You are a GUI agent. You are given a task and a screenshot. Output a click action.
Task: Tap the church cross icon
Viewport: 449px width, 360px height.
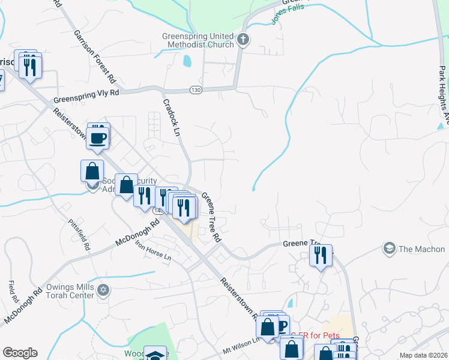point(243,40)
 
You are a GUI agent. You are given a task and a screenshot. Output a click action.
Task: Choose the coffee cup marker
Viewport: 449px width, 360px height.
point(98,138)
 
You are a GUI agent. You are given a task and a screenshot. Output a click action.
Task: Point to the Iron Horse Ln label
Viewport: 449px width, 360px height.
point(152,253)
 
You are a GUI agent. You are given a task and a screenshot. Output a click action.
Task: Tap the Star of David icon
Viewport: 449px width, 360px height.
point(103,290)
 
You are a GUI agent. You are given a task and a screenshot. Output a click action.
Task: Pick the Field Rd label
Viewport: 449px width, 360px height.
point(13,291)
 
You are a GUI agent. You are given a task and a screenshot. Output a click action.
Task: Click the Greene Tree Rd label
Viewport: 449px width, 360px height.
point(211,217)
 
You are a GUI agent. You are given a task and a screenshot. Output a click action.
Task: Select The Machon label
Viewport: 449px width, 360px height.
point(421,249)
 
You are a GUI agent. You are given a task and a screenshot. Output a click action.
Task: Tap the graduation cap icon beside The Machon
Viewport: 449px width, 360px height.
point(389,248)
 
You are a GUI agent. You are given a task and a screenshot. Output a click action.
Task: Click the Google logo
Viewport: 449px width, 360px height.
point(20,353)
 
